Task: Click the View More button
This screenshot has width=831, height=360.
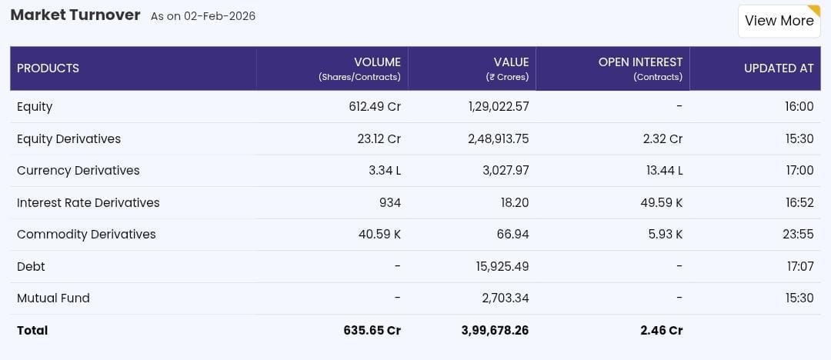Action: tap(779, 21)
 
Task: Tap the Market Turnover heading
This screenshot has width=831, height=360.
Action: tap(75, 15)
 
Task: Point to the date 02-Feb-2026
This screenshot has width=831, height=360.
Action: tap(219, 16)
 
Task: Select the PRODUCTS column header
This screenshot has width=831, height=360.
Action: tap(48, 68)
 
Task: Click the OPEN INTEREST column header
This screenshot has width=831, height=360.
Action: tap(640, 62)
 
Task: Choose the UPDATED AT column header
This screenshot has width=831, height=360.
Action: tap(778, 68)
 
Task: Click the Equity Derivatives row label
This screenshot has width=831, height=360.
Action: tap(68, 139)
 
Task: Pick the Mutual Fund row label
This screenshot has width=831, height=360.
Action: tap(53, 298)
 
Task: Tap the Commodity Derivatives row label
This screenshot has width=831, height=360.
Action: tap(86, 235)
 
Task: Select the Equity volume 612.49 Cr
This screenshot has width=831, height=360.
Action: tap(375, 107)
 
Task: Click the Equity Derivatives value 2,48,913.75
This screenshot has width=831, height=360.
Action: tap(498, 139)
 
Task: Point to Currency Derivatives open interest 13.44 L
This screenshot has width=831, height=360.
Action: tap(664, 171)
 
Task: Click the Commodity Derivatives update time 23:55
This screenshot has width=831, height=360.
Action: tap(798, 235)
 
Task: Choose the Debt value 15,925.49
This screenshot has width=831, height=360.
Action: tap(502, 267)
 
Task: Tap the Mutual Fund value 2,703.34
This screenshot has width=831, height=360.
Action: tap(506, 298)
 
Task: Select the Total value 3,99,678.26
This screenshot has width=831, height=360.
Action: tap(495, 331)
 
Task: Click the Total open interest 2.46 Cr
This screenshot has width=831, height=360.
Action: tap(661, 331)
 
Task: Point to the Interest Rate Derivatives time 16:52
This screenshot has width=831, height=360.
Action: tap(799, 203)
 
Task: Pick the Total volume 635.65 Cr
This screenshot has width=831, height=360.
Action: tap(372, 331)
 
